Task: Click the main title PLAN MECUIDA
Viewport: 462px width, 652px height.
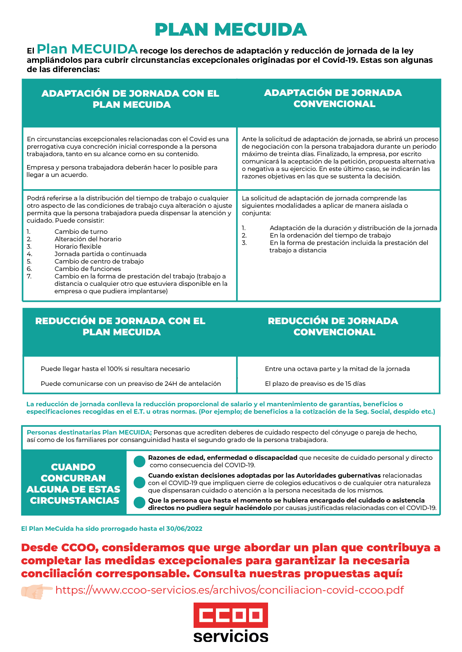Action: [x=231, y=30]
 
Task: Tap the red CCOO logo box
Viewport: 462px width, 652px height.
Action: [x=230, y=615]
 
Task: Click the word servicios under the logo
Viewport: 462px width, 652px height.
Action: [x=231, y=636]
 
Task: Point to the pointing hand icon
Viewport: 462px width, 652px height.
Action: [x=36, y=591]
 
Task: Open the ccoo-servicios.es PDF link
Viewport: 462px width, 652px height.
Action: [x=229, y=590]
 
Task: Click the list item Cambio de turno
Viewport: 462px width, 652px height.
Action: [x=81, y=232]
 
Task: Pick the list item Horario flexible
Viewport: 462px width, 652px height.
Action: [x=78, y=246]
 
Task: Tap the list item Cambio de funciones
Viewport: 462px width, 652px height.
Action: [x=87, y=269]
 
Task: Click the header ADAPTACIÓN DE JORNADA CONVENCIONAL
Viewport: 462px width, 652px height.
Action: [x=333, y=98]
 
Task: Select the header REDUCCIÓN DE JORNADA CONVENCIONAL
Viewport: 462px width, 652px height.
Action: [x=333, y=326]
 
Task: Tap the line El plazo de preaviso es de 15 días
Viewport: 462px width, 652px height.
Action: [x=315, y=384]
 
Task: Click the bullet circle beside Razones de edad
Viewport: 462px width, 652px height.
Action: [x=139, y=461]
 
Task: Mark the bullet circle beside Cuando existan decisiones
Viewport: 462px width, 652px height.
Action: [x=139, y=482]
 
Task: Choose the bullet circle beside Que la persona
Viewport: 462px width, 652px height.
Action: [x=139, y=503]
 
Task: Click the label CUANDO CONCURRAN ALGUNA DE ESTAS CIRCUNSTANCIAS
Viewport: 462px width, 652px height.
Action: [x=73, y=484]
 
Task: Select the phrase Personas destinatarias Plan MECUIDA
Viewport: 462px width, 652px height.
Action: [x=89, y=432]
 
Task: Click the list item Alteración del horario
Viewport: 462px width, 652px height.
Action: [x=88, y=239]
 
